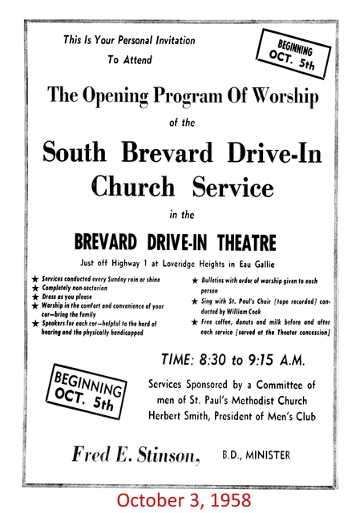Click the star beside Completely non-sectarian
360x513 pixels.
pyautogui.click(x=34, y=288)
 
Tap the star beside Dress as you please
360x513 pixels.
pyautogui.click(x=34, y=297)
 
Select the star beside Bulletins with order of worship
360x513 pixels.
pyautogui.click(x=195, y=281)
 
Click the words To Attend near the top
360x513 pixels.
pyautogui.click(x=128, y=59)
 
